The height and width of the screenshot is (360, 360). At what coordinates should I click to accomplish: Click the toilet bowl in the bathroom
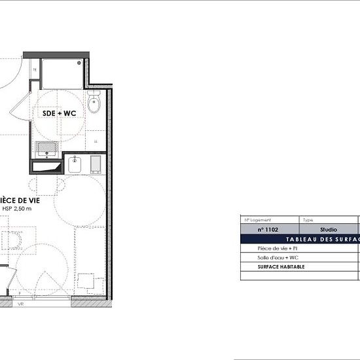94,102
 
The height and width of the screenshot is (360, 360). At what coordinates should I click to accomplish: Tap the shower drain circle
81,63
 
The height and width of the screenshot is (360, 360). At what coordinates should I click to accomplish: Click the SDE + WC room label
60,113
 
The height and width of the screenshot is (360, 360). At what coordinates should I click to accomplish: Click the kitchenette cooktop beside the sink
96,164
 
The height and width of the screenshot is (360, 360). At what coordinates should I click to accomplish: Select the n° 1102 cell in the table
269,230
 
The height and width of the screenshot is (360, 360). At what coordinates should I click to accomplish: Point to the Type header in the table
308,221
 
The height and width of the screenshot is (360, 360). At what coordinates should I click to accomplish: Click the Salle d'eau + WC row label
276,258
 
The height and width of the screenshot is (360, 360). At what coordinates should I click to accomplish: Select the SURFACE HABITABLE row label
281,267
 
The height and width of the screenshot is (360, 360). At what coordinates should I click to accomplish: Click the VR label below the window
21,304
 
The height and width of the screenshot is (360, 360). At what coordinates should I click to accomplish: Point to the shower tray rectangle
63,73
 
